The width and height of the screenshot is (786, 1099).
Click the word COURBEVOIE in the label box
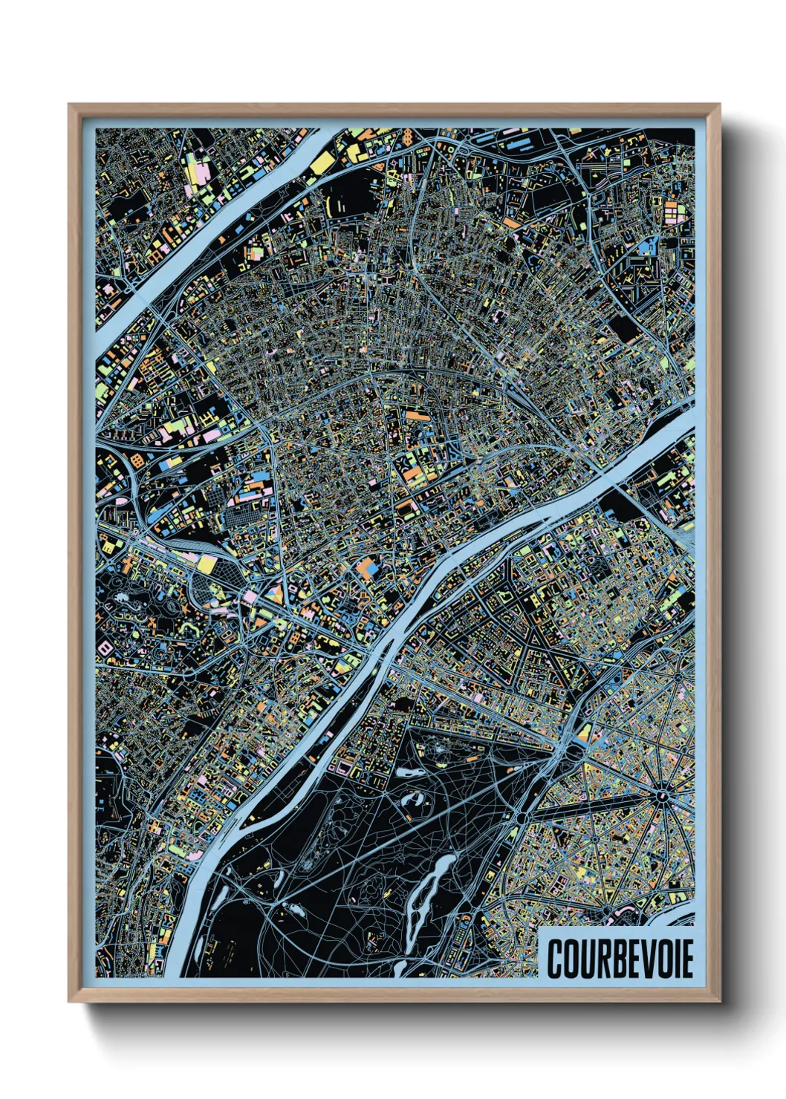(620, 959)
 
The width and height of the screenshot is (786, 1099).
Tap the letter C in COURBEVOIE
(556, 959)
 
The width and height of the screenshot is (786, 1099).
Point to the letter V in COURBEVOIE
(646, 959)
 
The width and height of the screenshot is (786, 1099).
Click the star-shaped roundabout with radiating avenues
(660, 796)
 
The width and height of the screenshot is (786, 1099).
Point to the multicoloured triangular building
(276, 594)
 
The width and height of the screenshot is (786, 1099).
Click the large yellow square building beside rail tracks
(206, 564)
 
